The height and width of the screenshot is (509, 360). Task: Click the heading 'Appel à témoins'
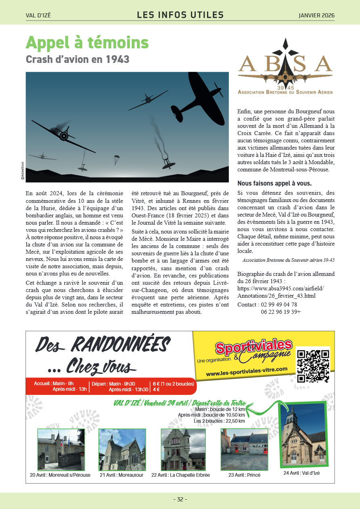87,43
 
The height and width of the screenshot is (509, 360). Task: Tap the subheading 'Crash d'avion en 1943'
77,59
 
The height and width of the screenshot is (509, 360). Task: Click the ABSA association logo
285,67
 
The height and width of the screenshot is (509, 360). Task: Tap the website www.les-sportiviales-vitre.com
247,371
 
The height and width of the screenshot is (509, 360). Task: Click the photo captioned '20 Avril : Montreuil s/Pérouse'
61,449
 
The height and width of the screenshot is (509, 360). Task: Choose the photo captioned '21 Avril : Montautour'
122,449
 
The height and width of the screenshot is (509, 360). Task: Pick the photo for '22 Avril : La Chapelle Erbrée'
183,449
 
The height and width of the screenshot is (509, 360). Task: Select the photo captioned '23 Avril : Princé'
244,449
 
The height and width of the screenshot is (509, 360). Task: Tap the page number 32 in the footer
180,499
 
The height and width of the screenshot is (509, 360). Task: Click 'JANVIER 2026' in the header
316,15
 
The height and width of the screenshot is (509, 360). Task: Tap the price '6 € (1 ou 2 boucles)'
173,384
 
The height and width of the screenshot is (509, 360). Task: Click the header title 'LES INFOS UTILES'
180,15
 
